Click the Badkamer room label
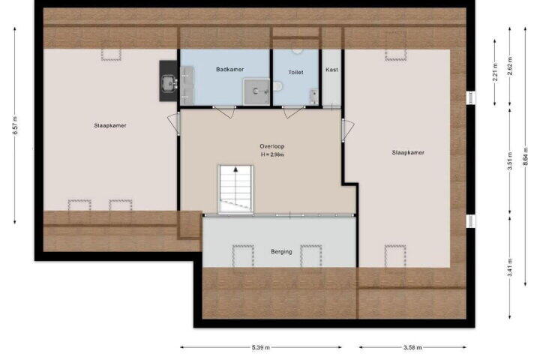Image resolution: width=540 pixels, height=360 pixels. [229, 69]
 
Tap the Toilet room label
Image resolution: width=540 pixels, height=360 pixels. [295, 72]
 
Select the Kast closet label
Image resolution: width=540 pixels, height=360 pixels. [331, 70]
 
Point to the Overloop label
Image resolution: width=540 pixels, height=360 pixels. [272, 146]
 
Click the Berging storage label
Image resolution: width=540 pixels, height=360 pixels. [281, 252]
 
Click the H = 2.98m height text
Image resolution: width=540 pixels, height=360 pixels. [272, 154]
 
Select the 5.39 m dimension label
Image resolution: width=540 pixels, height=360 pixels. [261, 347]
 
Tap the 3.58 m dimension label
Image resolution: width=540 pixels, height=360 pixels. [412, 347]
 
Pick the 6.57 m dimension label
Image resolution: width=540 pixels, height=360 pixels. [15, 125]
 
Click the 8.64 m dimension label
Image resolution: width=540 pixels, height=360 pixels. [526, 157]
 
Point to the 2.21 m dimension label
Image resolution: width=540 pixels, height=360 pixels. [495, 72]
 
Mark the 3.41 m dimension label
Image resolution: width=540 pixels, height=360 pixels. [510, 267]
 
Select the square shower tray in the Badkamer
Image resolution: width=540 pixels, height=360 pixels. [256, 91]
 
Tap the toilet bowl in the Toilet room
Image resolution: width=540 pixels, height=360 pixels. [277, 86]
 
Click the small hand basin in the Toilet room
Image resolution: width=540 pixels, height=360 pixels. [313, 97]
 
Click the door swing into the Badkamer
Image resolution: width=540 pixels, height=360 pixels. [225, 112]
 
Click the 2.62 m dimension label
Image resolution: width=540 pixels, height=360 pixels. [510, 66]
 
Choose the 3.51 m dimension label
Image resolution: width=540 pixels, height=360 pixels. [510, 161]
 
